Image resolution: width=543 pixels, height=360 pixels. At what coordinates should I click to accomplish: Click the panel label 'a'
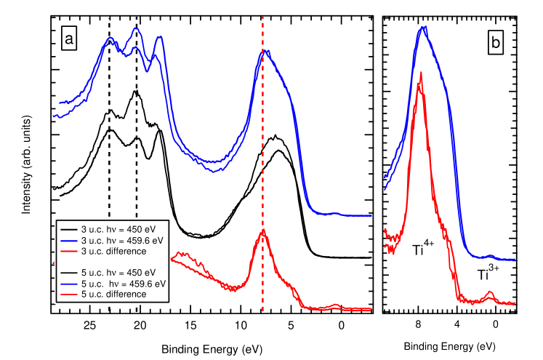[x=69, y=39]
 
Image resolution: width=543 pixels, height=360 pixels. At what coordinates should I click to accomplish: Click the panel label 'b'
[x=495, y=44]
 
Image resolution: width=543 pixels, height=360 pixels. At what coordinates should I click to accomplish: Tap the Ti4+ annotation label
[x=423, y=249]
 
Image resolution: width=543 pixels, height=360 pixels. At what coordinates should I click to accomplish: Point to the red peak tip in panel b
[x=421, y=73]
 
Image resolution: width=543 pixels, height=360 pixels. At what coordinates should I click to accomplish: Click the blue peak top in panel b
[x=422, y=28]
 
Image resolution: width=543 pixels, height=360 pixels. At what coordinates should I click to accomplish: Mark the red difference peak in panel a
[x=263, y=231]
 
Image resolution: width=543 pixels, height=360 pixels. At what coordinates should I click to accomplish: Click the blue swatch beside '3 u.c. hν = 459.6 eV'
[x=68, y=240]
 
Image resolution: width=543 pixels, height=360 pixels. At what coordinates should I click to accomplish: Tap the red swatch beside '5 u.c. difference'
[x=68, y=295]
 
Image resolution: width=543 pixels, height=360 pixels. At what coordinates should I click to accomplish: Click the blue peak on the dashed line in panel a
[x=264, y=52]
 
